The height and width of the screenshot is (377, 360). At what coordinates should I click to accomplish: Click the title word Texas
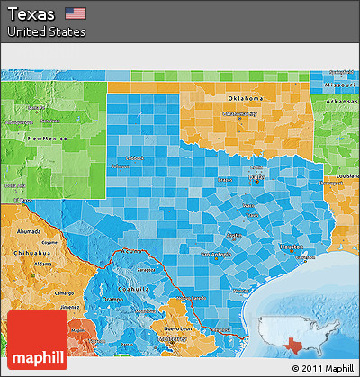[33, 14]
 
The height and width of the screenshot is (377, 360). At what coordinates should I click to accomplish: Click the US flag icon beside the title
[76, 14]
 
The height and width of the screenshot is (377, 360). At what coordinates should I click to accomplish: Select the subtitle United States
[46, 32]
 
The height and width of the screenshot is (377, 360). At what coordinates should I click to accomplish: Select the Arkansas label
[342, 102]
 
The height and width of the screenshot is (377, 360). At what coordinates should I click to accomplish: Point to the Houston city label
[292, 246]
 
